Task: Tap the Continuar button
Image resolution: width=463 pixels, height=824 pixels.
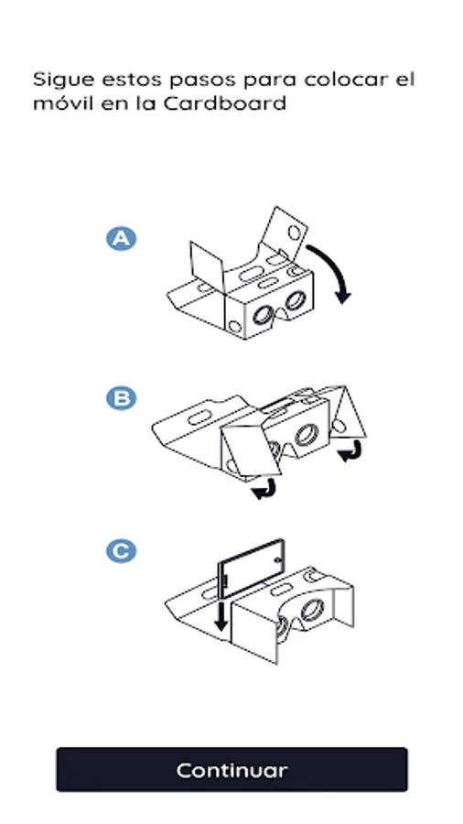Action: tap(231, 769)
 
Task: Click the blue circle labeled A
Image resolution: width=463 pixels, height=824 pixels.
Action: tap(122, 239)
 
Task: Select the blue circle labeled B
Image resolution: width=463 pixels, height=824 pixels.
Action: tap(122, 398)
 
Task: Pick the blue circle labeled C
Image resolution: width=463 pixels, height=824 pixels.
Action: tap(122, 551)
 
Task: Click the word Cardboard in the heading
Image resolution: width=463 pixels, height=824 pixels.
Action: tap(225, 103)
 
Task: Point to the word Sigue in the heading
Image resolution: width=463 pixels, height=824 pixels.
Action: tap(63, 80)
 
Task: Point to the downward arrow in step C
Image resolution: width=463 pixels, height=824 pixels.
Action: tap(221, 616)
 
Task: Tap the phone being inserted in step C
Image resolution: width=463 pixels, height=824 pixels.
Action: tap(252, 569)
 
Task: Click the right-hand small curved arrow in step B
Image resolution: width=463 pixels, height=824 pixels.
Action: tap(351, 450)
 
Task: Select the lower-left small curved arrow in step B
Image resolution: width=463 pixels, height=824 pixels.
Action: tap(264, 488)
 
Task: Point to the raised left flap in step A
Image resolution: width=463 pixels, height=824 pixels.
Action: tap(208, 266)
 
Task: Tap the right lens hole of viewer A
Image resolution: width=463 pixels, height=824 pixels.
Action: tap(295, 300)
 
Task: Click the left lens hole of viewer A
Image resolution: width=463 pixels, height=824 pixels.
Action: tap(262, 315)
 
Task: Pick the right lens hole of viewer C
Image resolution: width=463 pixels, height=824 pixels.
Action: tap(313, 610)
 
